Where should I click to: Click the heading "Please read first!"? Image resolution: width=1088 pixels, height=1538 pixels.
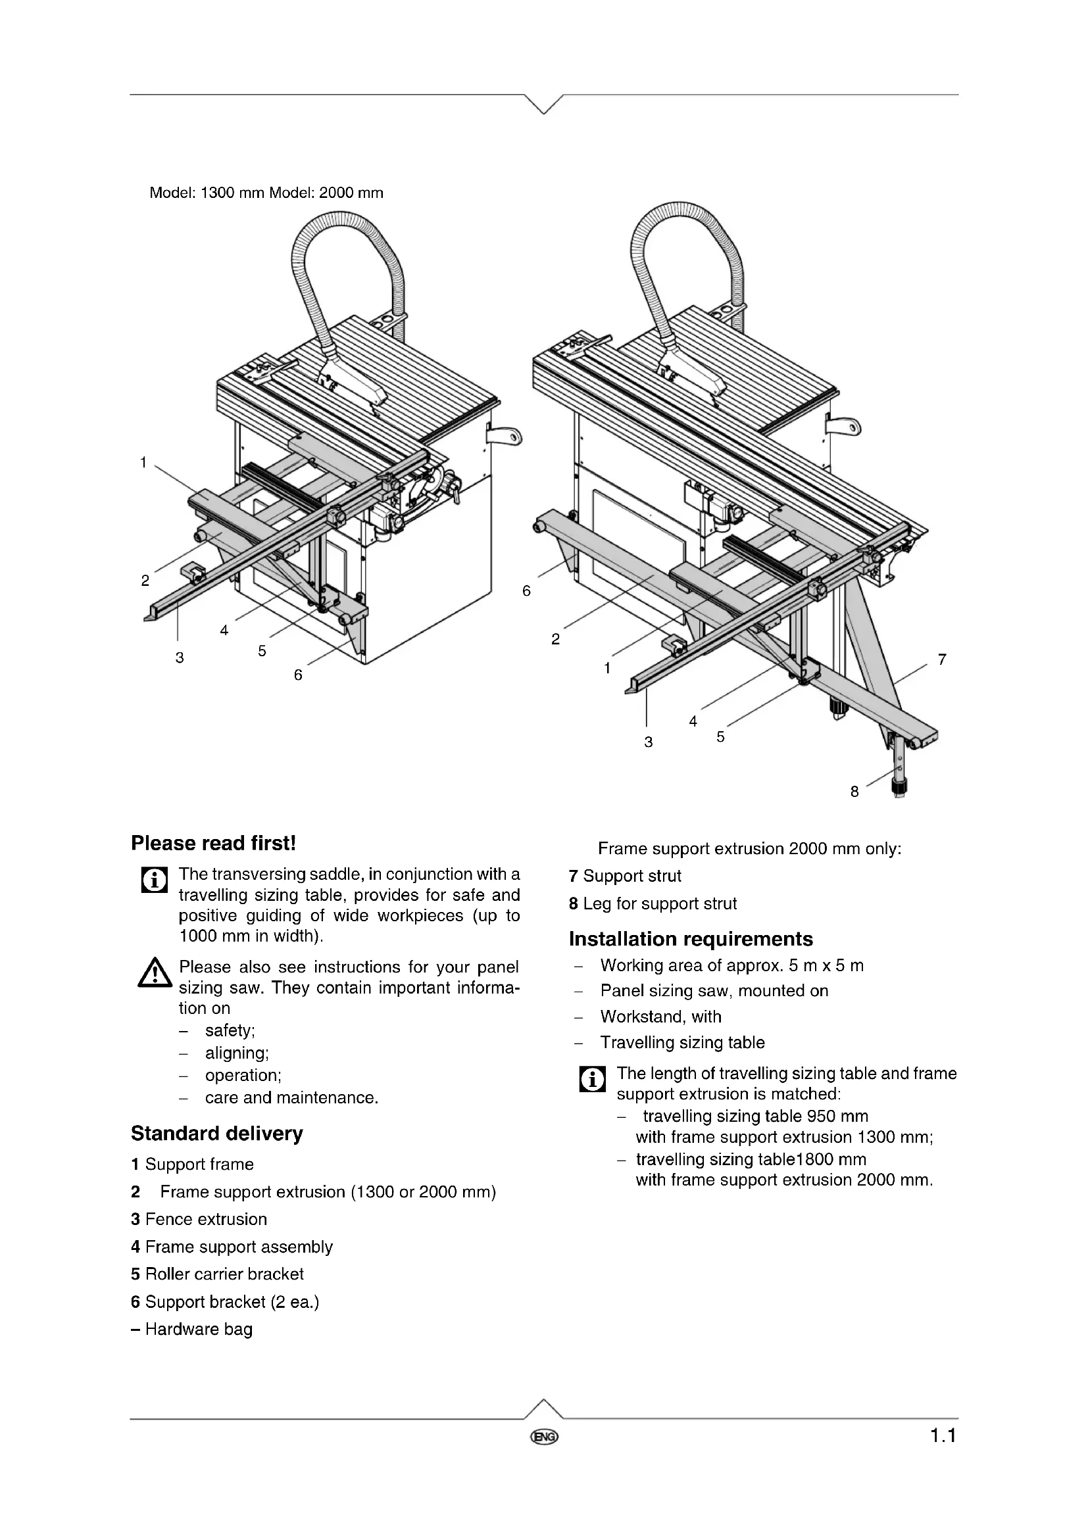(x=213, y=843)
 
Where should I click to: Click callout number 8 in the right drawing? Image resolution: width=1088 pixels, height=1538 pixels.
(x=854, y=792)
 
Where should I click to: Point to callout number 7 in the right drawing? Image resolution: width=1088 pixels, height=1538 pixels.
(x=942, y=659)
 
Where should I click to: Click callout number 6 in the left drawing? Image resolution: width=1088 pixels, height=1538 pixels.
(x=298, y=675)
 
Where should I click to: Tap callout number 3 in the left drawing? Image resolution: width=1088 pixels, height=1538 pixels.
(x=180, y=657)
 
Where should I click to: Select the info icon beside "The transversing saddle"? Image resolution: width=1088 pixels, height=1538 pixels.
(x=154, y=880)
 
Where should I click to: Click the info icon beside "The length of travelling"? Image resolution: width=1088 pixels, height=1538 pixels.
(x=592, y=1078)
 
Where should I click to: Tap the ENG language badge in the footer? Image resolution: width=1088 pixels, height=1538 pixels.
(x=544, y=1437)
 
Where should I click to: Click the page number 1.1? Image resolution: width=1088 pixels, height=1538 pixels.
(x=942, y=1435)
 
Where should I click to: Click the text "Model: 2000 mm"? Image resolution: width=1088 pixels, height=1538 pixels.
(x=326, y=193)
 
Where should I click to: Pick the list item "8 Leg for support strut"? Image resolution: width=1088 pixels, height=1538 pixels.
(x=653, y=903)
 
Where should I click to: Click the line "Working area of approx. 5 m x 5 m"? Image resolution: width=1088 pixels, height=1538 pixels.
(x=731, y=965)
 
